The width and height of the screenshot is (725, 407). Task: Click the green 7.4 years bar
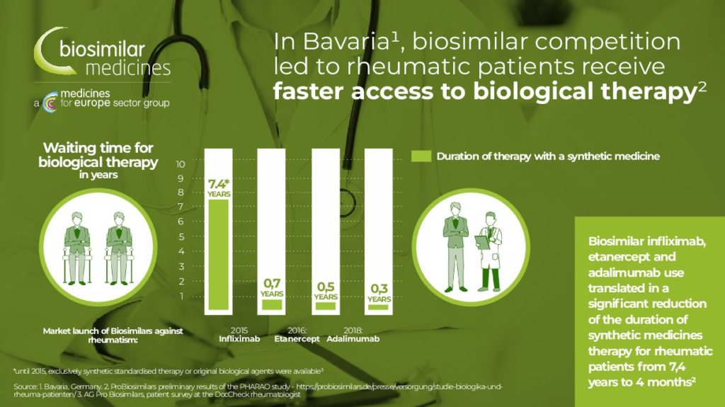tap(218, 254)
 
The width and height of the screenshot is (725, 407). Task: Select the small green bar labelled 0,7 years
tap(272, 304)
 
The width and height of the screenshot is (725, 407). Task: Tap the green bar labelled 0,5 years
tap(326, 306)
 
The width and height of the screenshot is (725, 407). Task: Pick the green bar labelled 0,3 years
tap(379, 307)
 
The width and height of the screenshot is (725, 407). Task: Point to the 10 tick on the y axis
tap(181, 164)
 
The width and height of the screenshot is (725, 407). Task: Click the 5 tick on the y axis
tap(182, 237)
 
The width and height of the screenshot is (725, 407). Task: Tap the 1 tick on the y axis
tap(182, 296)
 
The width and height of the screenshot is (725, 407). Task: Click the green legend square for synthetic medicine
tap(421, 156)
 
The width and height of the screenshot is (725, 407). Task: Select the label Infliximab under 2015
tap(239, 339)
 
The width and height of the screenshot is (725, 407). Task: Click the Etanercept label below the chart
tap(297, 339)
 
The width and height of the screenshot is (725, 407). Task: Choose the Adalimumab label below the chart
tap(353, 339)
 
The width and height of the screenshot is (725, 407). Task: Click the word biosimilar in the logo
tap(102, 49)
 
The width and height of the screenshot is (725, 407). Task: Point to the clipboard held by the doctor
tap(482, 242)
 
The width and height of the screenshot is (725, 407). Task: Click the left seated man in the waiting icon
tap(76, 248)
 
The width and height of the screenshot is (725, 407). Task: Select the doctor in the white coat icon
tap(490, 251)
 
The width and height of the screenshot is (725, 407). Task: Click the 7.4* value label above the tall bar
tap(219, 183)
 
